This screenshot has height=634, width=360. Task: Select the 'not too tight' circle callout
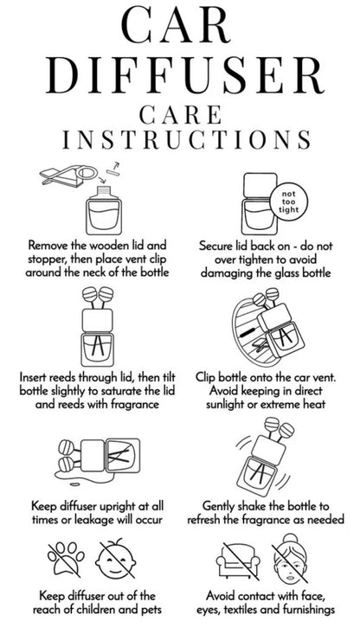288,202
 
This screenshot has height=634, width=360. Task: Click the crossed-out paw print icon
66,559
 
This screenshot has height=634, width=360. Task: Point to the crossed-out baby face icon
116,560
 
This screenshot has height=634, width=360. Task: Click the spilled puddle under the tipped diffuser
68,476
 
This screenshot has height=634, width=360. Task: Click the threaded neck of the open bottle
105,190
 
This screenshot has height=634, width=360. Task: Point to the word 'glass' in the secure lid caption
273,272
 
